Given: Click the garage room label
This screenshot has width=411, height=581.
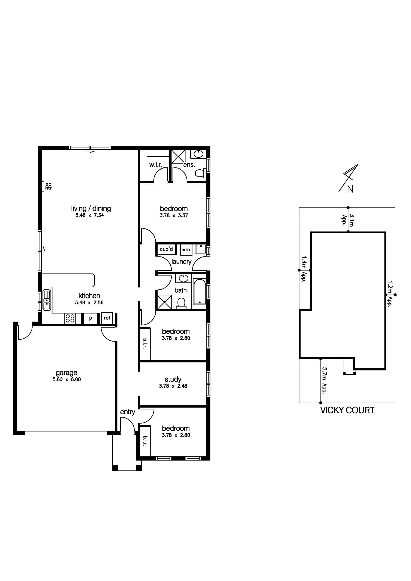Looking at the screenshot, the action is click(x=66, y=373).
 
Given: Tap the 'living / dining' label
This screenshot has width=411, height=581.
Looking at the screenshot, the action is click(x=91, y=209).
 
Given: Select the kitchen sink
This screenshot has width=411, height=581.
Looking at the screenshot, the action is click(x=47, y=300).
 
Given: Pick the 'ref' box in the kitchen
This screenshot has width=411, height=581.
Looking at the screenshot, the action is click(x=107, y=318).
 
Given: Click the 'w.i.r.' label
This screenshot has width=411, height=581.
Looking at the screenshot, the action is click(x=155, y=165).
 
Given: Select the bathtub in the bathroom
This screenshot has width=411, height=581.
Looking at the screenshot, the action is click(x=200, y=292).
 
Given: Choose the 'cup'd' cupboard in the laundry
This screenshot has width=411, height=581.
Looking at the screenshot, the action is click(x=166, y=249).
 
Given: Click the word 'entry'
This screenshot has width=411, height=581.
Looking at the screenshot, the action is click(x=127, y=412).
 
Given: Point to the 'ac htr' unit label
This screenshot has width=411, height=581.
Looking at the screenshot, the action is click(x=48, y=186).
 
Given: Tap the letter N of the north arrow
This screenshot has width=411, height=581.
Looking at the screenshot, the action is click(x=350, y=189).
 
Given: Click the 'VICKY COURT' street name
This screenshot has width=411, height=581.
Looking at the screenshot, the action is click(x=347, y=410).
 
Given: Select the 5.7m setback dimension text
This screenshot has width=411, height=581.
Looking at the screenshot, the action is click(x=324, y=380).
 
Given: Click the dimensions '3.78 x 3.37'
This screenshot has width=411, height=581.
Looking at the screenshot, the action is click(x=174, y=216).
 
